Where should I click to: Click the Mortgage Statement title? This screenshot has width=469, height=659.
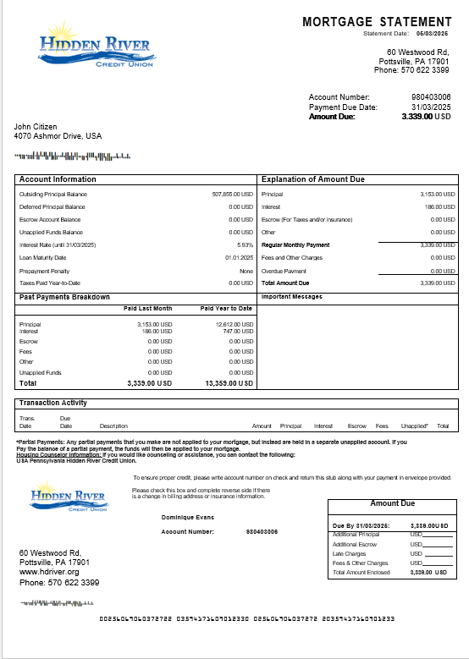[377, 22]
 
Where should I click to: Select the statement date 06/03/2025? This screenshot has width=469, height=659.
[432, 33]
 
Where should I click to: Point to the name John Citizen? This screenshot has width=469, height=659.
[36, 127]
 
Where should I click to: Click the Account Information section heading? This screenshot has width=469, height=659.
[58, 179]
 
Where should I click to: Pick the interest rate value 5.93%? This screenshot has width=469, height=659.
[245, 245]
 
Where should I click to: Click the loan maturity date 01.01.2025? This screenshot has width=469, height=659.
[239, 258]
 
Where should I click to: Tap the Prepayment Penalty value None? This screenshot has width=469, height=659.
[246, 271]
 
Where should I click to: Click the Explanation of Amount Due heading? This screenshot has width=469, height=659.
[312, 179]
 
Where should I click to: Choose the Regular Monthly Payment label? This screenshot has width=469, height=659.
[295, 245]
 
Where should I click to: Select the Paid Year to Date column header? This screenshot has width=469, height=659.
[226, 309]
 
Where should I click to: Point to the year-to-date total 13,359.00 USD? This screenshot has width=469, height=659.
[229, 383]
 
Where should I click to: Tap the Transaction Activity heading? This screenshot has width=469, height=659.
[52, 403]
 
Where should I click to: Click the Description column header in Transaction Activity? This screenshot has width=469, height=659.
[113, 426]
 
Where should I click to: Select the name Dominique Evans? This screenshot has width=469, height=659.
[187, 515]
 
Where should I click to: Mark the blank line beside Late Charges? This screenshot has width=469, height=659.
[437, 554]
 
